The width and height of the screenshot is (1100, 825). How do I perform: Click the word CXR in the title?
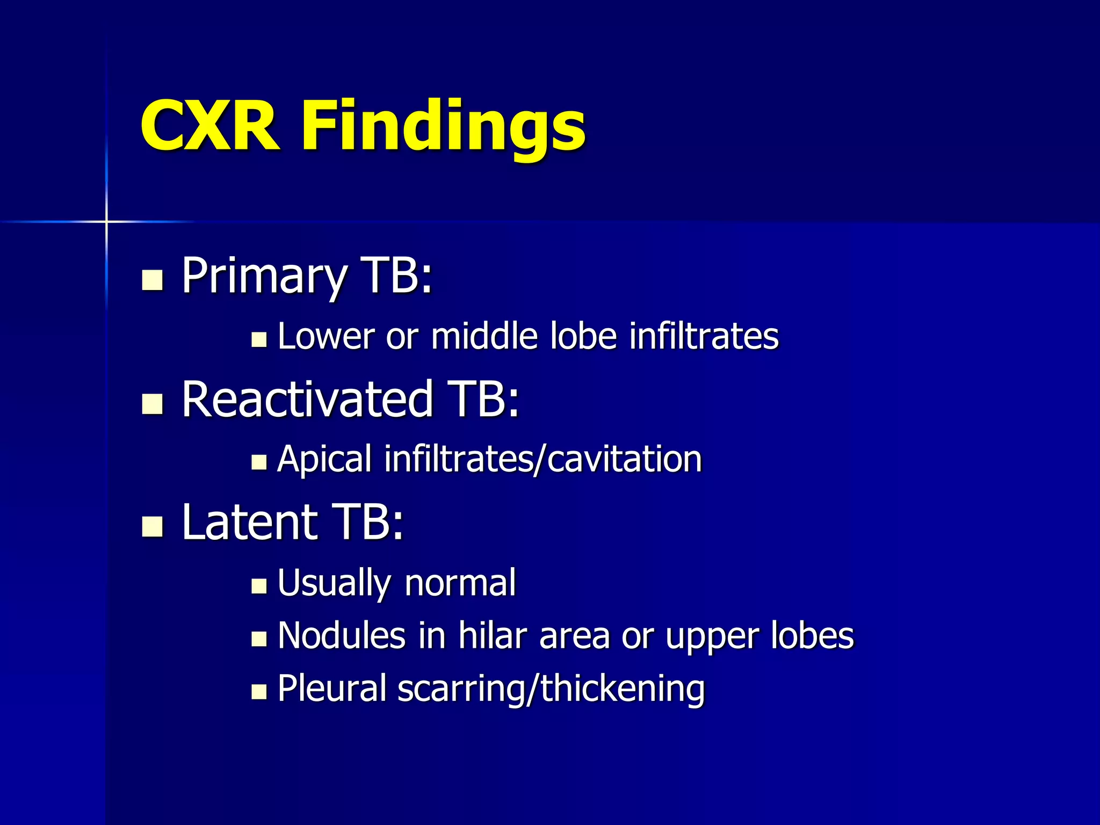point(209,127)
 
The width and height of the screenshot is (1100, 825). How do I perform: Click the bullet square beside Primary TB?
point(152,280)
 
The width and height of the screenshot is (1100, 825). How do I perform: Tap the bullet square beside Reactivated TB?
point(152,403)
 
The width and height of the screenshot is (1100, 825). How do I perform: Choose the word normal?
point(460,583)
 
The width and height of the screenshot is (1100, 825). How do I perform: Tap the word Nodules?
point(342,636)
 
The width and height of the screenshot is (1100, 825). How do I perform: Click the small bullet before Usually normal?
point(259,586)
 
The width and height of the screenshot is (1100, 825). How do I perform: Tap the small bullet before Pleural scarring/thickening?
point(259,691)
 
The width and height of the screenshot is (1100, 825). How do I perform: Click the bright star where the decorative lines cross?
point(106,221)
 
